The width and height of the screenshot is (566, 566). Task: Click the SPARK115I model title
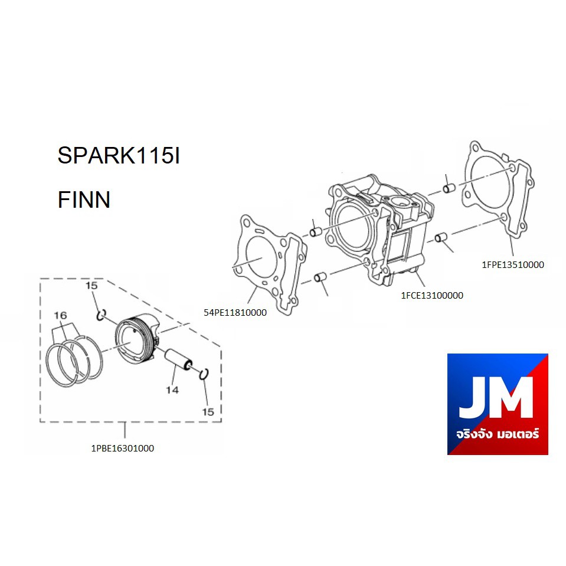click(119, 155)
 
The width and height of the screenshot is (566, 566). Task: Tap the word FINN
click(84, 199)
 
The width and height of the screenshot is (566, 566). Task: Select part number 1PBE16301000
click(122, 449)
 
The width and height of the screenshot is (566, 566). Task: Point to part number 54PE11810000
click(235, 313)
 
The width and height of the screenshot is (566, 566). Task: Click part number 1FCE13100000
click(432, 295)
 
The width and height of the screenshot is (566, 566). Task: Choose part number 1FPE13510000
click(513, 264)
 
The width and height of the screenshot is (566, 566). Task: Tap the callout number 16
click(60, 315)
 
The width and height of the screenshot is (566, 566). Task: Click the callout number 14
click(172, 390)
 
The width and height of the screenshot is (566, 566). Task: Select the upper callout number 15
click(91, 286)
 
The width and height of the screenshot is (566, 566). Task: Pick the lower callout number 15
click(208, 412)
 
